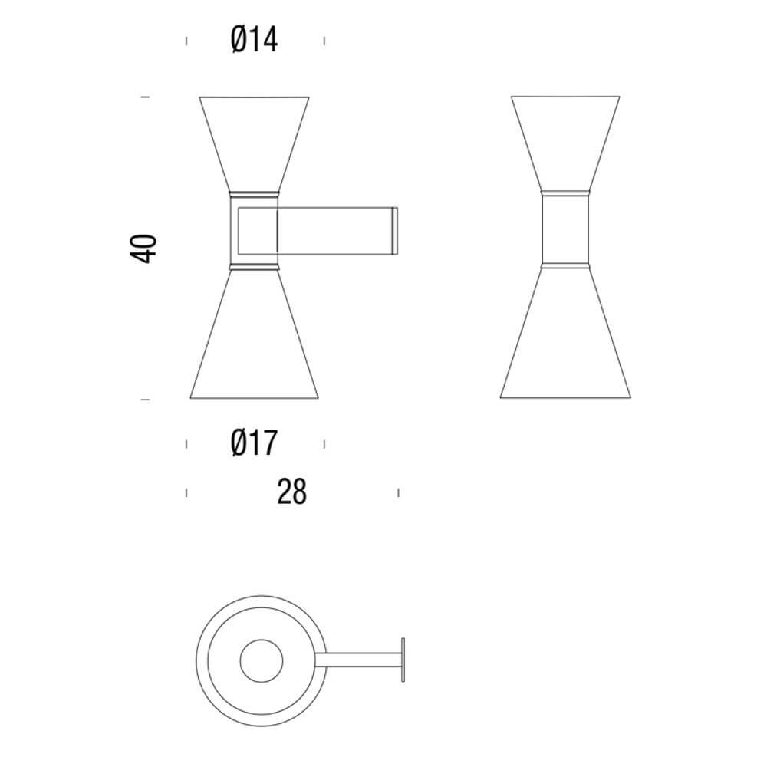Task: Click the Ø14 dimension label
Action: click(x=254, y=40)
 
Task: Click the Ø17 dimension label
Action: click(x=254, y=443)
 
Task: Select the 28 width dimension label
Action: click(x=291, y=492)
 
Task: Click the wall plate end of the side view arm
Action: click(x=396, y=229)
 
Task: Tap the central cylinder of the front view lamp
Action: click(x=565, y=229)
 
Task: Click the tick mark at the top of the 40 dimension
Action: click(x=144, y=97)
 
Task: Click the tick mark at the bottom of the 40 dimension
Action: click(x=144, y=400)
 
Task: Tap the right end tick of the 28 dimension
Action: click(x=398, y=492)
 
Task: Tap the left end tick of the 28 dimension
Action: click(x=186, y=492)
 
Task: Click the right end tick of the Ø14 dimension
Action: click(x=324, y=41)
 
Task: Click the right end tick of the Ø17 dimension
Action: click(x=324, y=443)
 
